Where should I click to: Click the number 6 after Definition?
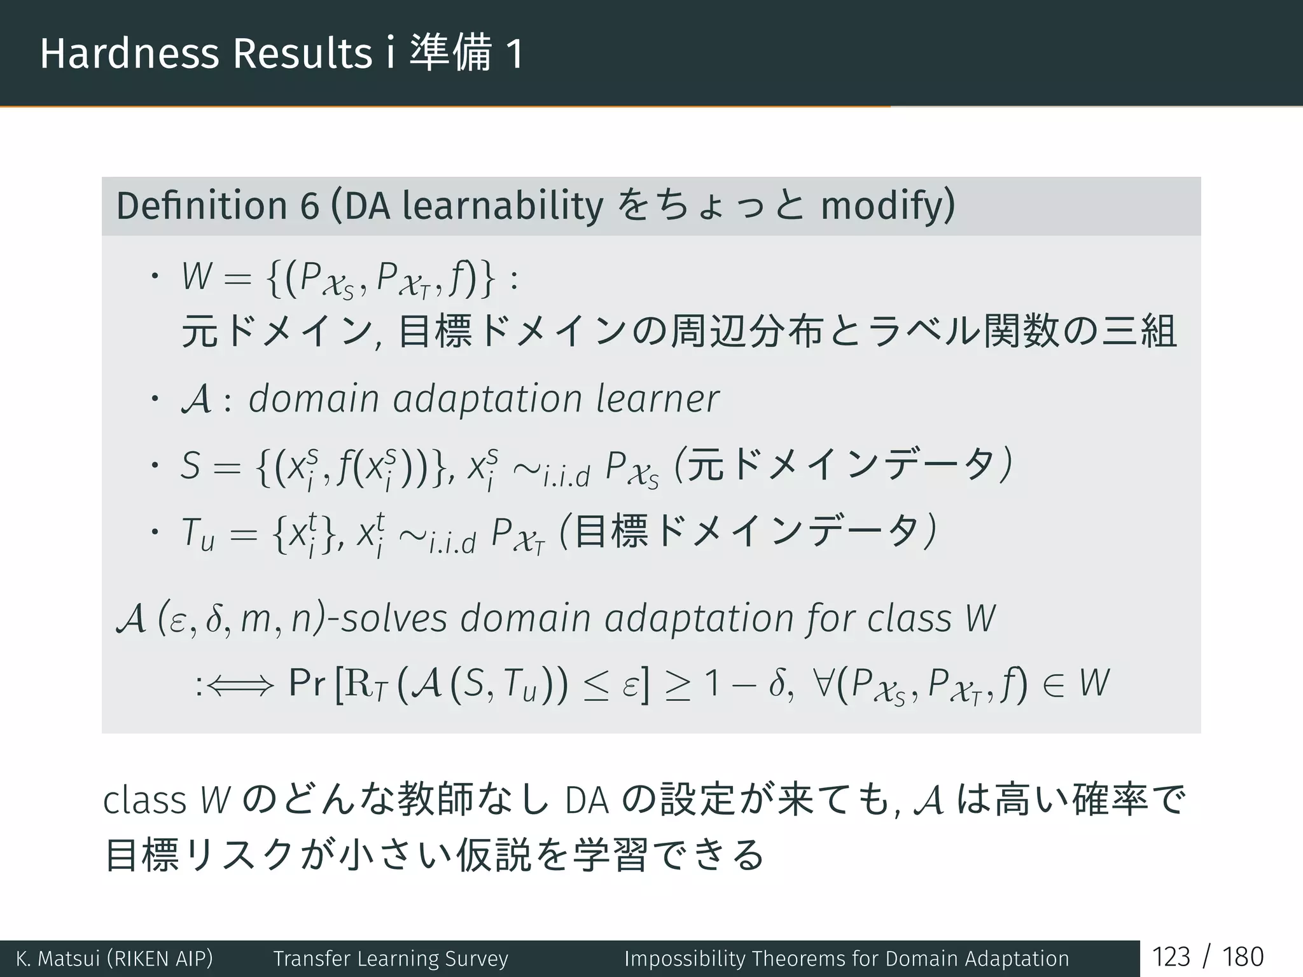309,206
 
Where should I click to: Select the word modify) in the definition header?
888,206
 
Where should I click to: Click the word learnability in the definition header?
503,206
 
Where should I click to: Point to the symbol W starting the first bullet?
196,277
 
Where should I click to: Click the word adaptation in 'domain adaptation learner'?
487,399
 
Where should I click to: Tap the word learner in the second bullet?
657,399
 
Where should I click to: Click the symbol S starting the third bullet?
191,466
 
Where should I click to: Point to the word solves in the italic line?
394,618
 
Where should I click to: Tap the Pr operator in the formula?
307,684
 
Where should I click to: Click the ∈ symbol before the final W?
1054,684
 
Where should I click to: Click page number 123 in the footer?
1171,957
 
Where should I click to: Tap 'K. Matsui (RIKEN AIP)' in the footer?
115,959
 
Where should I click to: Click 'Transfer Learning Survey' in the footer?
391,959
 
